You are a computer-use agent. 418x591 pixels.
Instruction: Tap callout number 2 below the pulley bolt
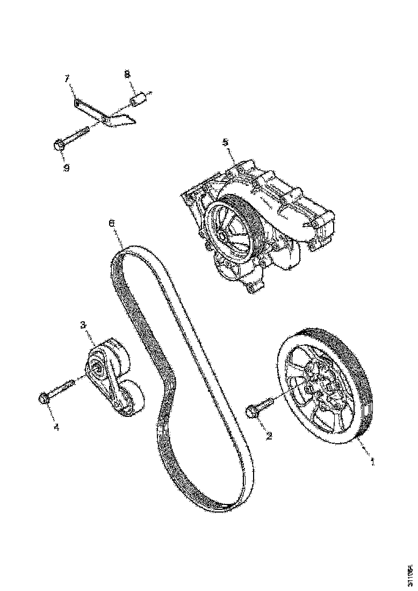(269, 436)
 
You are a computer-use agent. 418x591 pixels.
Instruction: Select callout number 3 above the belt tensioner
(83, 325)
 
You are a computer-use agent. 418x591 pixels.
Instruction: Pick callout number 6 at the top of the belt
(111, 223)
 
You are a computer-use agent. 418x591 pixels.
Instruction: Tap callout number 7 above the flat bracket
(68, 78)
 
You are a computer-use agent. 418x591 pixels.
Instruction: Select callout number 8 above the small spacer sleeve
(128, 74)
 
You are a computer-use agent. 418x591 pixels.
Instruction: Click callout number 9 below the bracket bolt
(66, 168)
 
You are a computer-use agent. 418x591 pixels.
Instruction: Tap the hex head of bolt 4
(44, 399)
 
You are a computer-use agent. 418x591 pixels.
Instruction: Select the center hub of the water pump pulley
(222, 236)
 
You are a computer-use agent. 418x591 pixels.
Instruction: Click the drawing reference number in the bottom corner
(409, 575)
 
